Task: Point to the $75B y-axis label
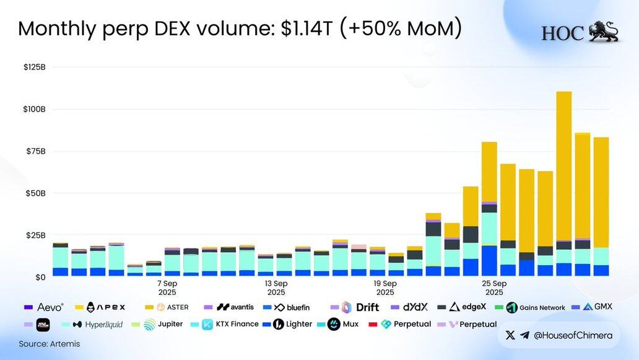pos(35,151)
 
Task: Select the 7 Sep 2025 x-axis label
pos(167,288)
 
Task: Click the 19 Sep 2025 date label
pos(385,288)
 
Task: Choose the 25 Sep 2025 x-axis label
pos(494,288)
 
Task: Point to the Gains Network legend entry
pos(535,307)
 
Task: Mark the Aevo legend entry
pos(45,307)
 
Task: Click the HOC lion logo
pos(602,32)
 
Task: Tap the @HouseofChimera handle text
pos(573,335)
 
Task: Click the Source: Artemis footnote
pos(49,343)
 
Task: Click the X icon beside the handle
pos(510,335)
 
